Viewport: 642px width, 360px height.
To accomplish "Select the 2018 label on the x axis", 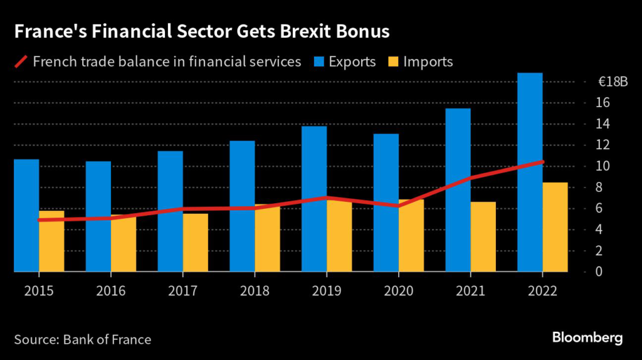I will click(x=255, y=291).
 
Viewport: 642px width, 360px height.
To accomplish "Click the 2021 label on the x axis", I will click(x=470, y=291).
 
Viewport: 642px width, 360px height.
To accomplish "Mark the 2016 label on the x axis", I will click(x=111, y=291).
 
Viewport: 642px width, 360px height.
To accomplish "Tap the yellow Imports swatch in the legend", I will click(x=392, y=61).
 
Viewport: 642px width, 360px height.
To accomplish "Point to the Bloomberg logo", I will click(x=587, y=338).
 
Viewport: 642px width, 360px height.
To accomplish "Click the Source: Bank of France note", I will click(x=82, y=339).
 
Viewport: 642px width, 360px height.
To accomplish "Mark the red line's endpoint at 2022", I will click(x=542, y=162).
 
